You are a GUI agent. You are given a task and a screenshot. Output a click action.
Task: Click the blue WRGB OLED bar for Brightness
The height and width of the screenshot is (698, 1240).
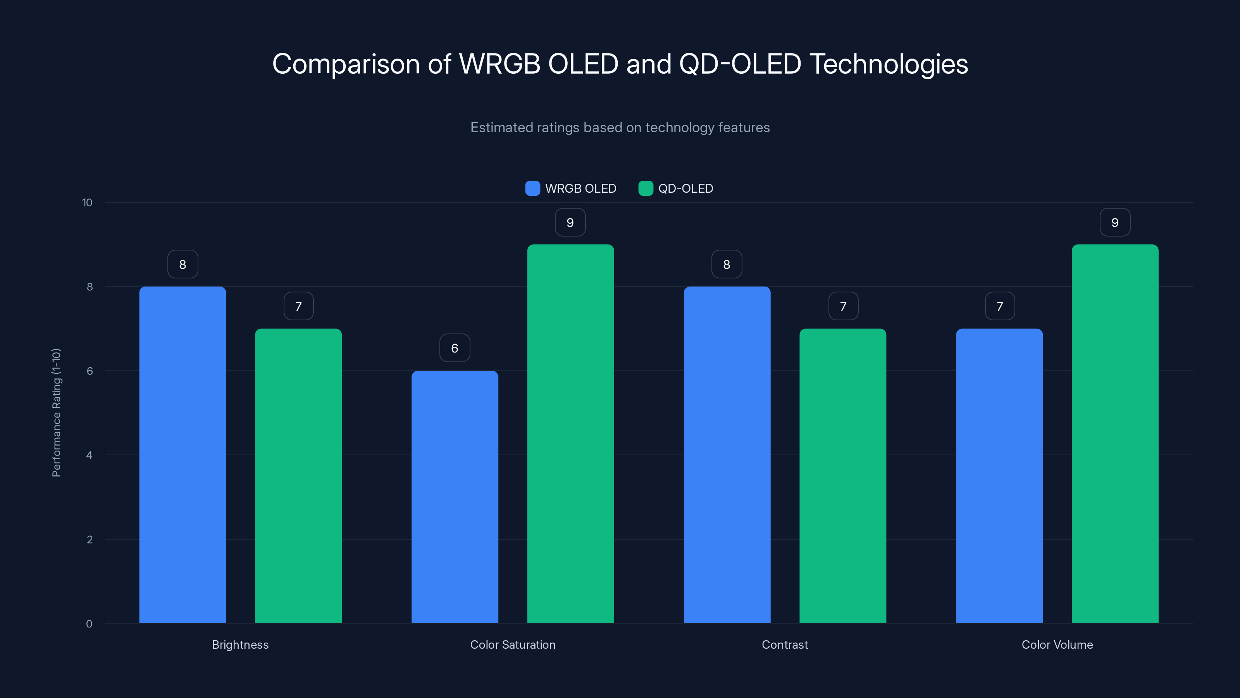click(183, 455)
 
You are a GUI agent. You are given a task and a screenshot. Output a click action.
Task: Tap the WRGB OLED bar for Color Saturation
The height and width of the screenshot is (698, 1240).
click(455, 497)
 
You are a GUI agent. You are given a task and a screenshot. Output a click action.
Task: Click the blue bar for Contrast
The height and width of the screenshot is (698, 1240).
click(727, 455)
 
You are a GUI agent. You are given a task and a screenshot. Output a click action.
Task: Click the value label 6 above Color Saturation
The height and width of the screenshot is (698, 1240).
click(455, 348)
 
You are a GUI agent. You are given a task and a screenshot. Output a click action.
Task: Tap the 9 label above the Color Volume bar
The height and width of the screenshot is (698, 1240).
click(1115, 222)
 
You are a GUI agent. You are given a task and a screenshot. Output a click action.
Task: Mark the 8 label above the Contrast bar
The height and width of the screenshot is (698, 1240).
click(727, 264)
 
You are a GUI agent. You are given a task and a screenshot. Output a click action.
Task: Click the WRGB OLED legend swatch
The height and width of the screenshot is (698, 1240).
click(532, 188)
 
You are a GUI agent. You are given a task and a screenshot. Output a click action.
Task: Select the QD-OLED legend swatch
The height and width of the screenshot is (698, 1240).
click(646, 188)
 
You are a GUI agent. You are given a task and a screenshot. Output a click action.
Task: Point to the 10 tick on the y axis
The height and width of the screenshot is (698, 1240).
click(87, 202)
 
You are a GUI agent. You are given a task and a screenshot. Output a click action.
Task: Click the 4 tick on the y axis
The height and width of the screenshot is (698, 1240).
click(89, 455)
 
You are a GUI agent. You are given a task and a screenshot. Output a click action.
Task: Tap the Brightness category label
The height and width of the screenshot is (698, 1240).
click(240, 644)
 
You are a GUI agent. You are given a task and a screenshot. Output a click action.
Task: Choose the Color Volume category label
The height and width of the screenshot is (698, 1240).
click(1057, 644)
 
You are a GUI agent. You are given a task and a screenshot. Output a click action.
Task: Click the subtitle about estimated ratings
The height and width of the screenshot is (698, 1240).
click(620, 127)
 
